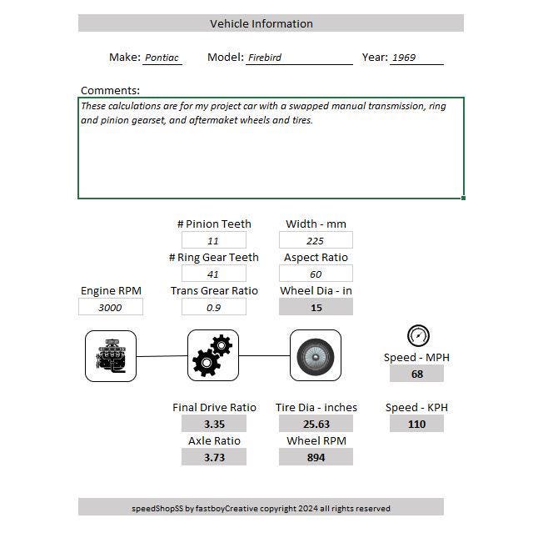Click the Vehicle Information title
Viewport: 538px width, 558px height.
261,23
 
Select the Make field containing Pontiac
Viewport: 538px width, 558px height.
162,58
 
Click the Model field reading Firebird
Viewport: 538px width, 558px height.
298,58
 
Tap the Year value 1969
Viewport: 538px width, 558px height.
416,58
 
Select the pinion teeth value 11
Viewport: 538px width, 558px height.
213,241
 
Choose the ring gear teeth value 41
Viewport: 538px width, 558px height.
213,274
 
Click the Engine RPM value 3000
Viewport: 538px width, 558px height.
110,308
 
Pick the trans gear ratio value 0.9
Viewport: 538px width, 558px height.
213,308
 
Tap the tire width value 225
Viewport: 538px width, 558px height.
316,241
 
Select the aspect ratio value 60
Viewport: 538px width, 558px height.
316,274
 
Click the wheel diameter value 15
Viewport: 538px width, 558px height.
316,308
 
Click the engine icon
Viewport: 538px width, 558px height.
111,356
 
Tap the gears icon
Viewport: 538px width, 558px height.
213,356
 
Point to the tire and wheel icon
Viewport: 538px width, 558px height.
316,356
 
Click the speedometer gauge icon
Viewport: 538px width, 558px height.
417,336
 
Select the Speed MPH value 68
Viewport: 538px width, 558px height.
416,375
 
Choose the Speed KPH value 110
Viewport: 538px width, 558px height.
416,425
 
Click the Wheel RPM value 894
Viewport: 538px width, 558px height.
316,458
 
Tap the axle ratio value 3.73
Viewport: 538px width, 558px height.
213,458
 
